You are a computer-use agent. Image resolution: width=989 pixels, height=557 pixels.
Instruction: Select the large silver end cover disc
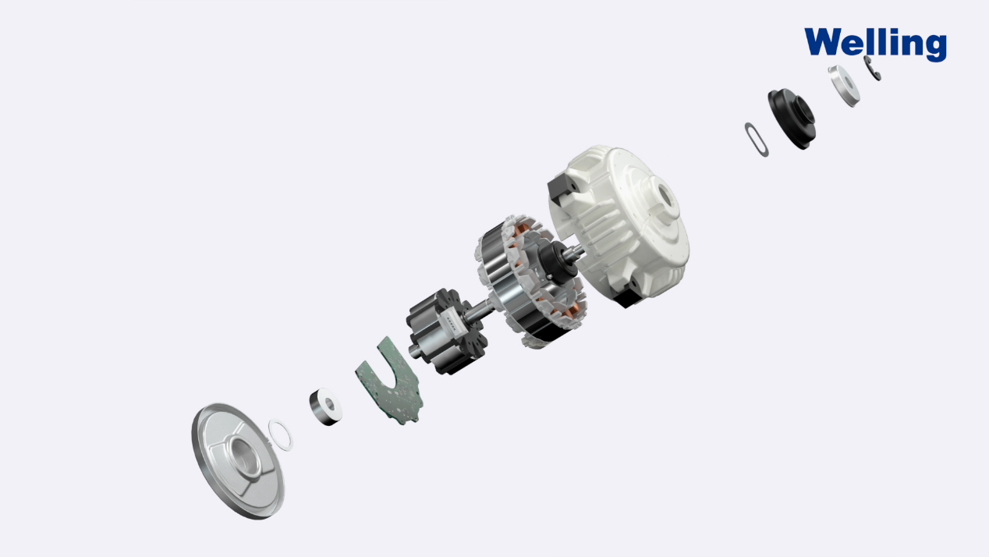[x=239, y=461]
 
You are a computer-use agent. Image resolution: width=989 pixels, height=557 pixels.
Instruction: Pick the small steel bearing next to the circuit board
[x=325, y=406]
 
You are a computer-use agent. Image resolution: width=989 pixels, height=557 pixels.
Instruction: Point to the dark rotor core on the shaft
[x=446, y=332]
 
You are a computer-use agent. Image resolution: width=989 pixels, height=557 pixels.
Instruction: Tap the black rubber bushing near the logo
[x=792, y=119]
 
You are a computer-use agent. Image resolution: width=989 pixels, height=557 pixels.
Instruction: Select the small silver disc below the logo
[x=844, y=86]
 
